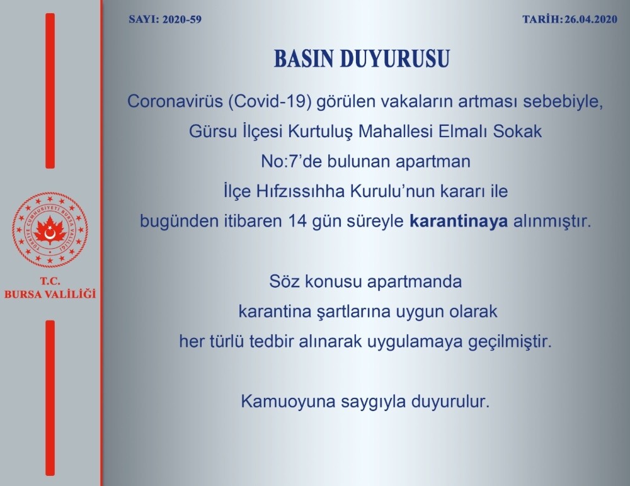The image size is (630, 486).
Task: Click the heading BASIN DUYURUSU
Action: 362,59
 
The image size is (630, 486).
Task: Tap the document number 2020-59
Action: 181,20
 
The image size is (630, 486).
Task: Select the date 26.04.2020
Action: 591,20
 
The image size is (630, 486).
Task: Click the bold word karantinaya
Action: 458,221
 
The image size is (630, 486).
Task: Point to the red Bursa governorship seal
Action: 50,230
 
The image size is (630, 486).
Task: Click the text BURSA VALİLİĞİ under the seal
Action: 50,294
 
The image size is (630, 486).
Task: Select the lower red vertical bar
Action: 50,397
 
